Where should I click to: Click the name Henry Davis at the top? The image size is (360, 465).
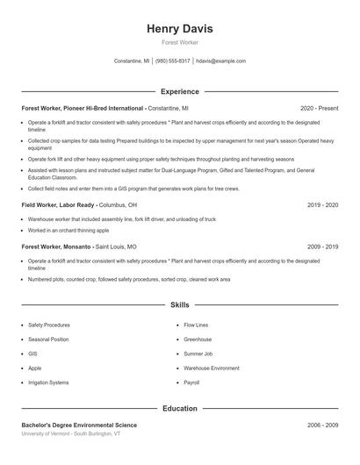[180, 29]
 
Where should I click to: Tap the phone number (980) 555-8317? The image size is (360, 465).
[173, 61]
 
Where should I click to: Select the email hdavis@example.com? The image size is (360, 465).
[220, 61]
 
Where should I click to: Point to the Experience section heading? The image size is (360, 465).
[180, 91]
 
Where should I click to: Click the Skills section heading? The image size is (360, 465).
[180, 305]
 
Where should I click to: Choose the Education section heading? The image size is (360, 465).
[180, 408]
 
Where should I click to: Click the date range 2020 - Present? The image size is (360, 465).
[319, 108]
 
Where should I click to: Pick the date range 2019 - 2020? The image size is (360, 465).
[322, 204]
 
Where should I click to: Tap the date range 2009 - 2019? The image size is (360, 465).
[322, 247]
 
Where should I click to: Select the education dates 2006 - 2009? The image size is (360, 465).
[322, 425]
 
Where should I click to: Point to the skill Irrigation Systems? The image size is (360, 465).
[48, 383]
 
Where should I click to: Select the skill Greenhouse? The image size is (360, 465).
[198, 339]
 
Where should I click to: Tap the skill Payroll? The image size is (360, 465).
[191, 383]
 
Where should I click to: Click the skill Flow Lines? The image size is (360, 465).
[196, 325]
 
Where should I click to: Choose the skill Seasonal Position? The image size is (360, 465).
[48, 339]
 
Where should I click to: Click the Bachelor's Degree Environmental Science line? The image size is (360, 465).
[79, 425]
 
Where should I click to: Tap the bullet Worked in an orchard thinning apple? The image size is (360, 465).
[68, 230]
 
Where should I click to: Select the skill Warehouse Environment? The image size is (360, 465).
[212, 368]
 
